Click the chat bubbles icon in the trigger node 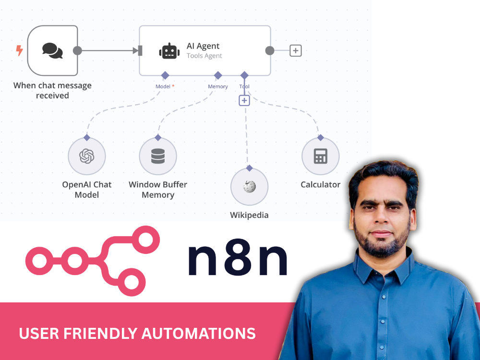[x=52, y=50]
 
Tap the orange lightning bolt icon [x=19, y=50]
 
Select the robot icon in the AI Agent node [x=169, y=51]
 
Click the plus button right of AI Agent [x=295, y=50]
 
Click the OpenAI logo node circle [x=86, y=156]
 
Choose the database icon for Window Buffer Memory [x=158, y=156]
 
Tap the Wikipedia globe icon [x=250, y=186]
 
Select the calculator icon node [x=321, y=156]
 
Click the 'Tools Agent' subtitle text [x=204, y=56]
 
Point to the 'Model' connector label [x=163, y=86]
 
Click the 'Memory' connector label [x=217, y=86]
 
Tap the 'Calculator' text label [x=321, y=185]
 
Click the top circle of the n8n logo [x=146, y=240]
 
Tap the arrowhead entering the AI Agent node [x=136, y=50]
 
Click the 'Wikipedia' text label [x=249, y=215]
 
